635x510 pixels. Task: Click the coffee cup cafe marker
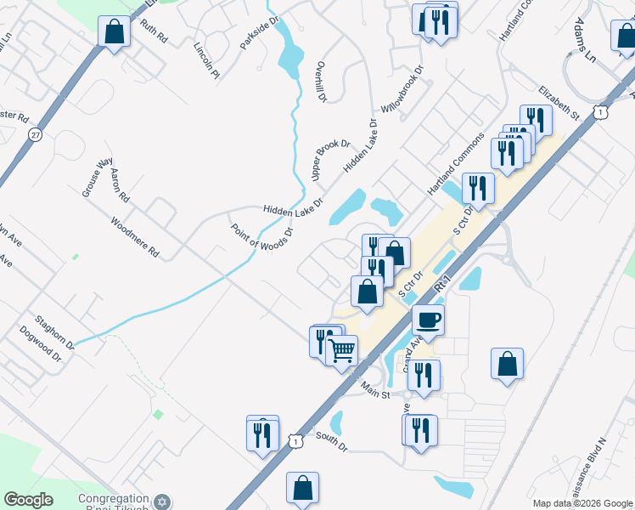click(428, 320)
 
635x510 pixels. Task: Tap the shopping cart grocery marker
click(341, 349)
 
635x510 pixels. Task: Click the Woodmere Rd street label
click(134, 236)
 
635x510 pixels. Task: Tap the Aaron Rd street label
click(120, 184)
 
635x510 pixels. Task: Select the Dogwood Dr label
click(41, 345)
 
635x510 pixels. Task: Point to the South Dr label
click(331, 442)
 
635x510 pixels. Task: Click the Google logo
click(28, 500)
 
